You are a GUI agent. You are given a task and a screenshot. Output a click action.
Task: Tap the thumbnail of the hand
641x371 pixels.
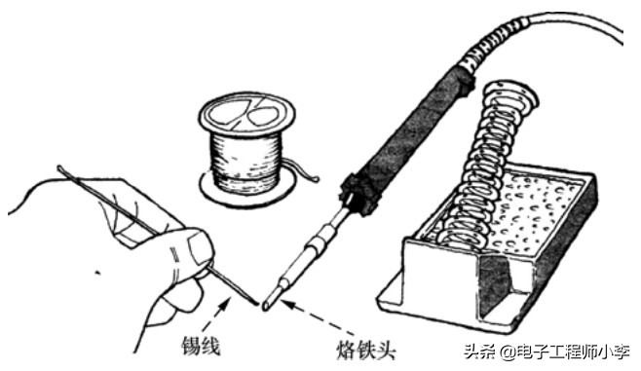(198, 249)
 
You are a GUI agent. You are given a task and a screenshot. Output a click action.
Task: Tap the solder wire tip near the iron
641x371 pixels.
(254, 303)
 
